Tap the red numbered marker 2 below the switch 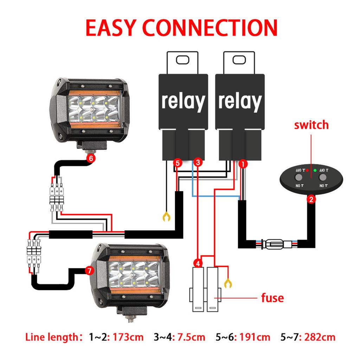tap(311, 200)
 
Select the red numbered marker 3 tap(198, 162)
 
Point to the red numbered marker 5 tap(178, 163)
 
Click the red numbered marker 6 tap(91, 158)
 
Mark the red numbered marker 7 tap(90, 270)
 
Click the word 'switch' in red tap(311, 125)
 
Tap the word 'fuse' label tap(272, 298)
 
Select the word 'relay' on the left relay tap(183, 102)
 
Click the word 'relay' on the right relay tap(239, 102)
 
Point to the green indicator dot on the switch tap(315, 171)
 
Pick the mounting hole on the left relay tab tap(183, 59)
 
